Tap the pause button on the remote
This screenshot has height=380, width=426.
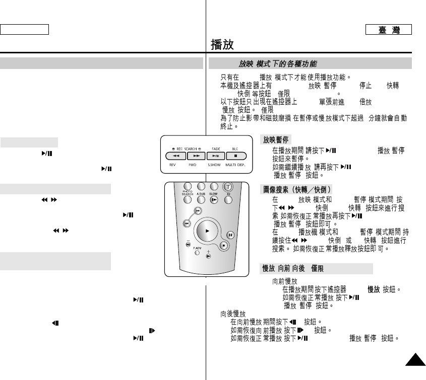(230, 235)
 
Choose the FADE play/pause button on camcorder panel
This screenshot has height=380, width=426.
(215, 157)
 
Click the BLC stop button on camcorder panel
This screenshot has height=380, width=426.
(235, 157)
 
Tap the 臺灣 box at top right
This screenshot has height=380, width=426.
(389, 30)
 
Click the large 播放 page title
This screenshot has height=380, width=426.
(222, 44)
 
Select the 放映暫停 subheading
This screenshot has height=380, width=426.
(275, 139)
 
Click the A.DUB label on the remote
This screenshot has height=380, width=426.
(201, 194)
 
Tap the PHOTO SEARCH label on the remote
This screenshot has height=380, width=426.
(188, 193)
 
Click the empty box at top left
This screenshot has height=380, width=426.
(24, 29)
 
